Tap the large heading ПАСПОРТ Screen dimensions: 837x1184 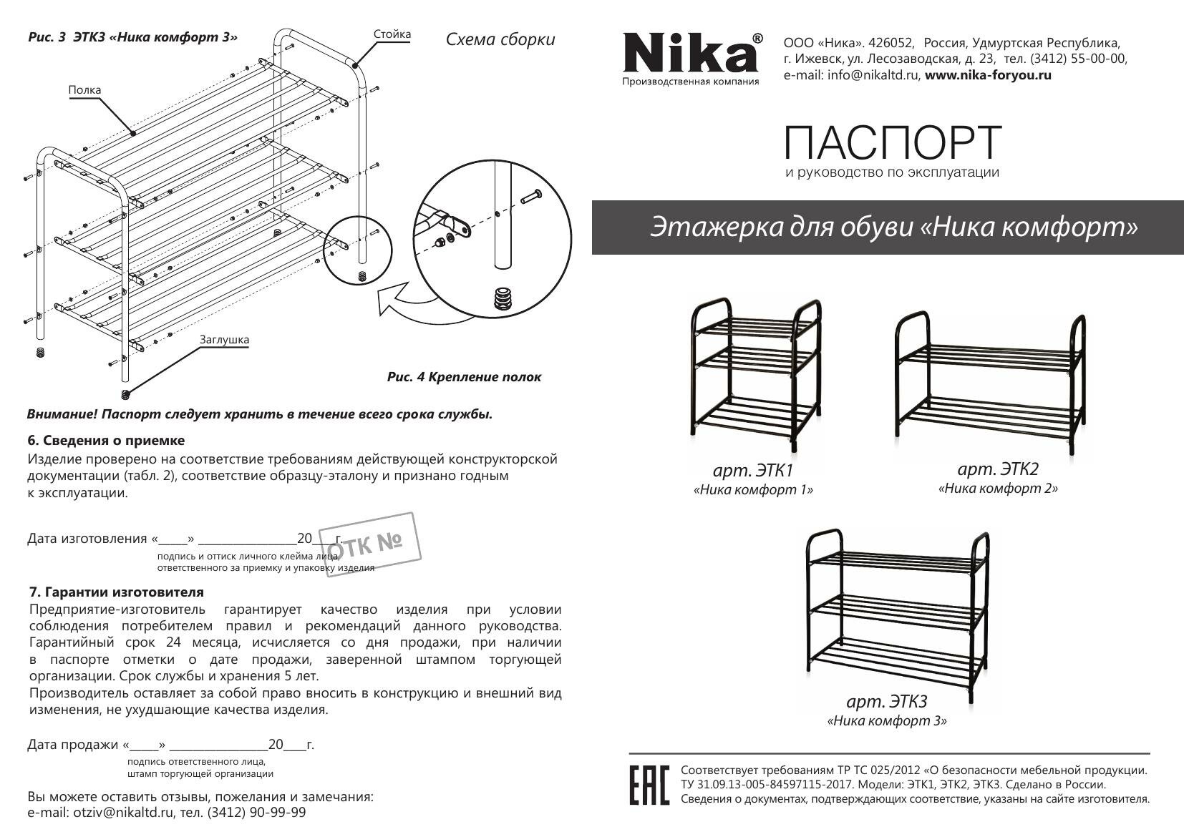892,142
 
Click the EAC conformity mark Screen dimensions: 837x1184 649,785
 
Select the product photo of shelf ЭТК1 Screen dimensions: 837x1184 754,372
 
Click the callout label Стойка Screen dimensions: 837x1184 392,34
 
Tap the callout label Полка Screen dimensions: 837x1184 84,90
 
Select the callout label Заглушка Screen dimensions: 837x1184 224,340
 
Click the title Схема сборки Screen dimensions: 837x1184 500,39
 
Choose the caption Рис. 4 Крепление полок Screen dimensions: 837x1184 464,377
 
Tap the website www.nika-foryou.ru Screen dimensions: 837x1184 988,75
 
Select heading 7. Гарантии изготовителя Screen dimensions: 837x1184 116,592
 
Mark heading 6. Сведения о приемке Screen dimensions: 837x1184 106,441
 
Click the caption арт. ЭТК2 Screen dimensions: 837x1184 997,469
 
